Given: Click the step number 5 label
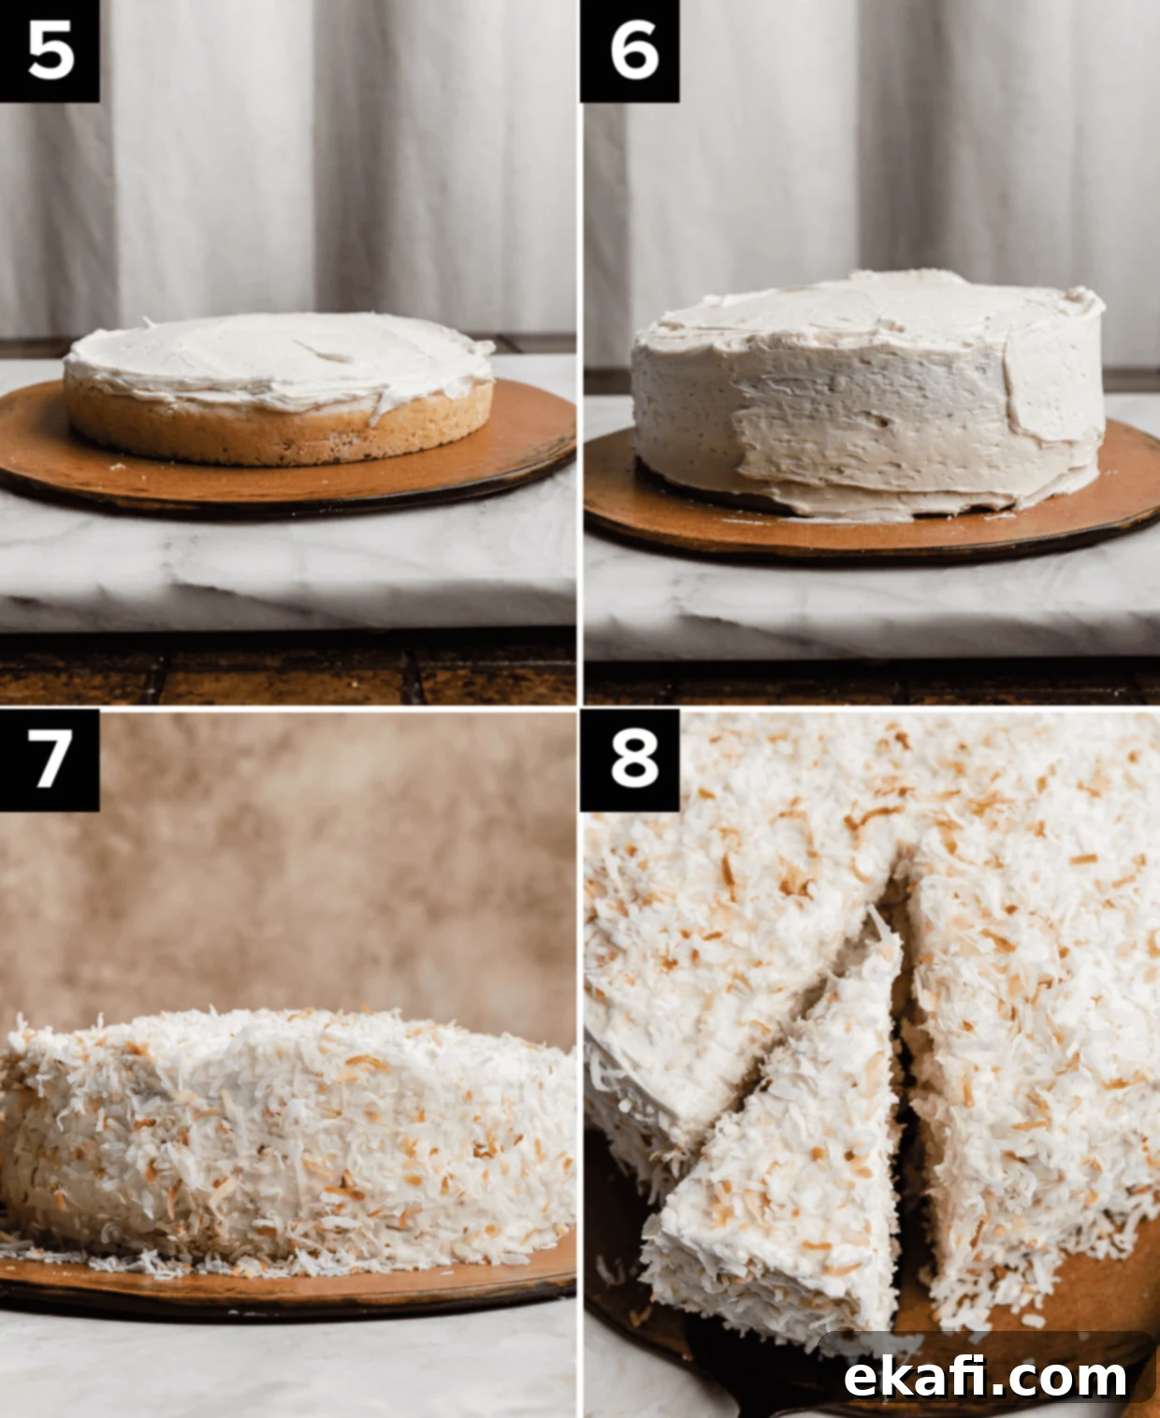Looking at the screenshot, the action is [49, 51].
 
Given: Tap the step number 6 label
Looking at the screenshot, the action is [630, 51].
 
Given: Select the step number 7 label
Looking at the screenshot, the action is [49, 760].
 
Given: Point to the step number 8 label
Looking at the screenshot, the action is [630, 760].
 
